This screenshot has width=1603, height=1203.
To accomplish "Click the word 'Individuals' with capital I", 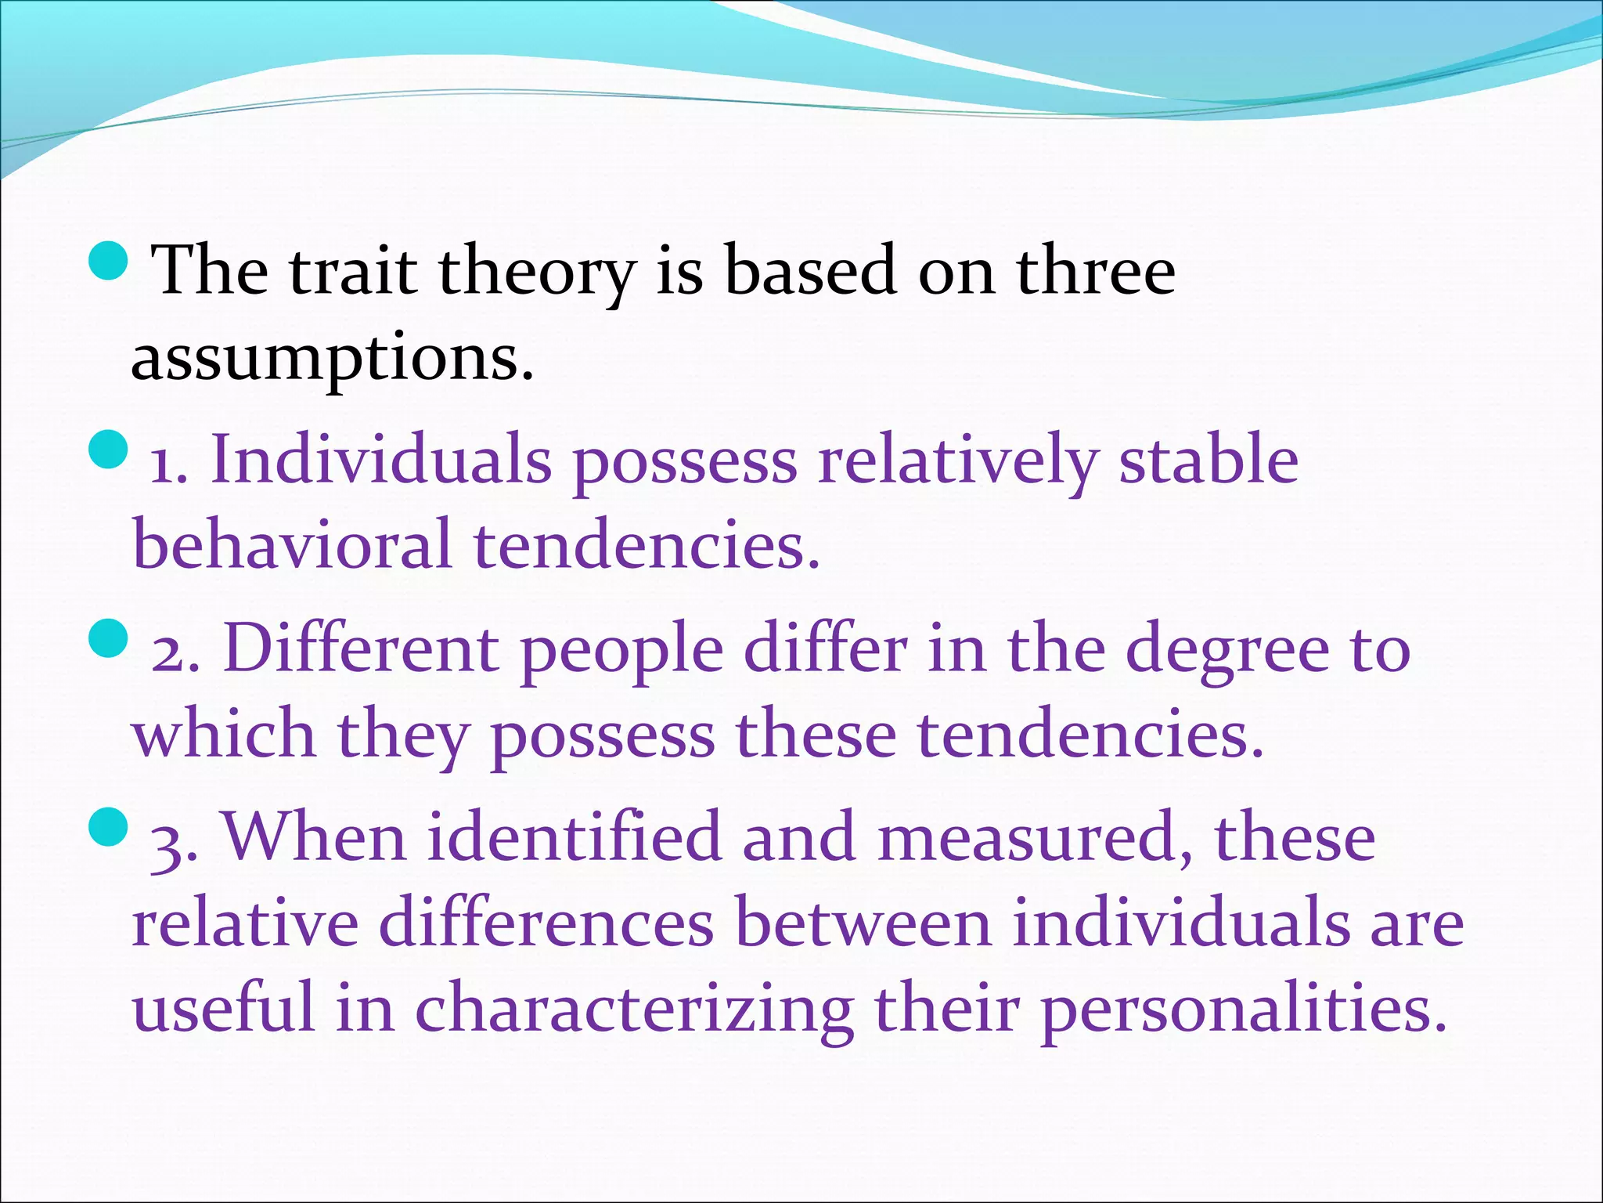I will [381, 461].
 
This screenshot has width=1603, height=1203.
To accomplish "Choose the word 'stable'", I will [1209, 461].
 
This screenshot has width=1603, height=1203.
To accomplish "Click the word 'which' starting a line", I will [224, 734].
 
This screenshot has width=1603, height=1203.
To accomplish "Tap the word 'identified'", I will [575, 837].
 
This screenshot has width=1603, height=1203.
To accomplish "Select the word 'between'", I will [864, 924].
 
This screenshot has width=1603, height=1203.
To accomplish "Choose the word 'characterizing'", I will [634, 1010].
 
